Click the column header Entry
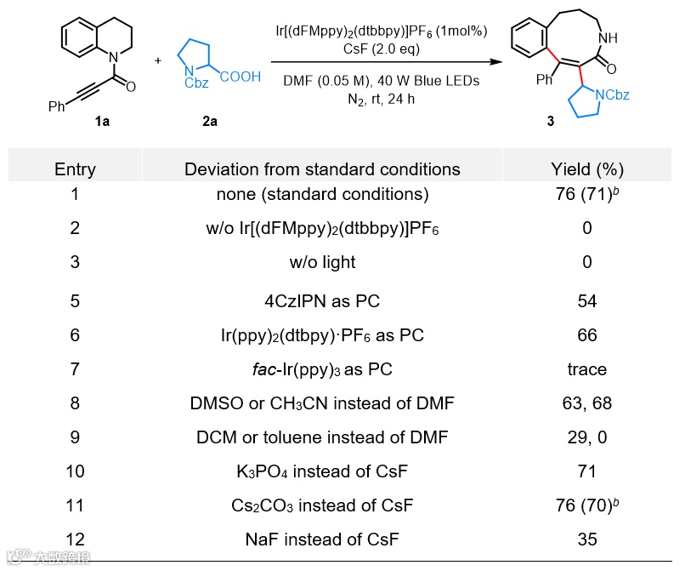(75, 168)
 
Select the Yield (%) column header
(586, 168)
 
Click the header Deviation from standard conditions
(322, 168)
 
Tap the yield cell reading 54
(586, 301)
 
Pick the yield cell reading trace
(586, 368)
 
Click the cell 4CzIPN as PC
(322, 301)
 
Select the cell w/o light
(322, 262)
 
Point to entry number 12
(75, 539)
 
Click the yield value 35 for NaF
(586, 539)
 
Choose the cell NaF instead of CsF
(322, 539)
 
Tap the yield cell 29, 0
(586, 437)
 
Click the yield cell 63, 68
(586, 403)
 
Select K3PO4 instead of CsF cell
(322, 471)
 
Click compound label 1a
(102, 121)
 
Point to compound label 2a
(209, 121)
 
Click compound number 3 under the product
(550, 122)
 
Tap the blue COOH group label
(241, 77)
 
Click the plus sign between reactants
(157, 60)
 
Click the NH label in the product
(609, 38)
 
